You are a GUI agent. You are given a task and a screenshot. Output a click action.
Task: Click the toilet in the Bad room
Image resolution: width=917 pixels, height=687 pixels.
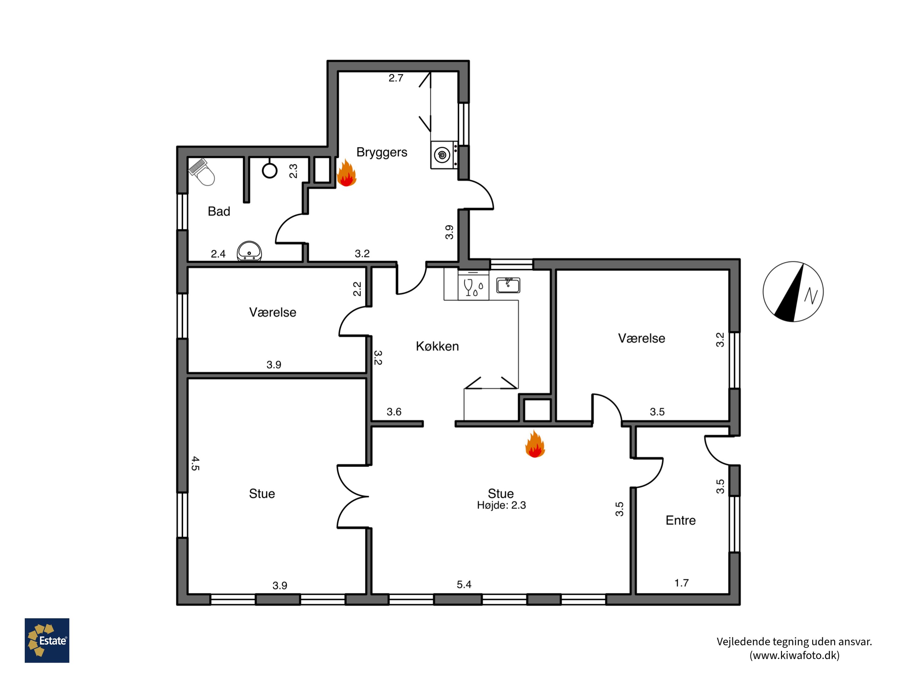pos(202,172)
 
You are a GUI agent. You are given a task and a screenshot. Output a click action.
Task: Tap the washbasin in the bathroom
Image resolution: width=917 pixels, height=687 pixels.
pos(249,251)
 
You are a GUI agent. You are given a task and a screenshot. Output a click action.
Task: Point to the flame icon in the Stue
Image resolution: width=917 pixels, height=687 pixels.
pos(535,444)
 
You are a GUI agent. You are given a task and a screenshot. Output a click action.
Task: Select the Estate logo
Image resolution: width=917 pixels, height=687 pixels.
pos(47,640)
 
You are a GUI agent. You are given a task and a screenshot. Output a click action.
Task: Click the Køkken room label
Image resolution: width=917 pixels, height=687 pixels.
pos(437,346)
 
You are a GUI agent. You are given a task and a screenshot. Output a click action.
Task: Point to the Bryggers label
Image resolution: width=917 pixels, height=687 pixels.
pos(382,152)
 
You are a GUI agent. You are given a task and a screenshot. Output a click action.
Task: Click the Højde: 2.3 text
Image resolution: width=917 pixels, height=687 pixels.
pos(501,505)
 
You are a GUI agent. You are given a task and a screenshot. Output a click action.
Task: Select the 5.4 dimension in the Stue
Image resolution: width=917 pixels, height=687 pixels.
pos(464,584)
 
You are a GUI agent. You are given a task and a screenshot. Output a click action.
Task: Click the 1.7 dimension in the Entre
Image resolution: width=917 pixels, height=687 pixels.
pos(682,583)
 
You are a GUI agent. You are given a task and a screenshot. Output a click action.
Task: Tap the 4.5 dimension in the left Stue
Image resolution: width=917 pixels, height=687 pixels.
pos(195,463)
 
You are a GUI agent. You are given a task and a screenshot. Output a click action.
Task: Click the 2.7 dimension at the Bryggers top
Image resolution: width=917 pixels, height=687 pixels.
pos(396,78)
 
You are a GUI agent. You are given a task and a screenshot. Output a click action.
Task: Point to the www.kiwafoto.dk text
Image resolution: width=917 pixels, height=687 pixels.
pos(794,655)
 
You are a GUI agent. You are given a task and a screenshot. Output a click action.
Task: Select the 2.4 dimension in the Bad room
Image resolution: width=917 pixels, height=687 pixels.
pos(218,254)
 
